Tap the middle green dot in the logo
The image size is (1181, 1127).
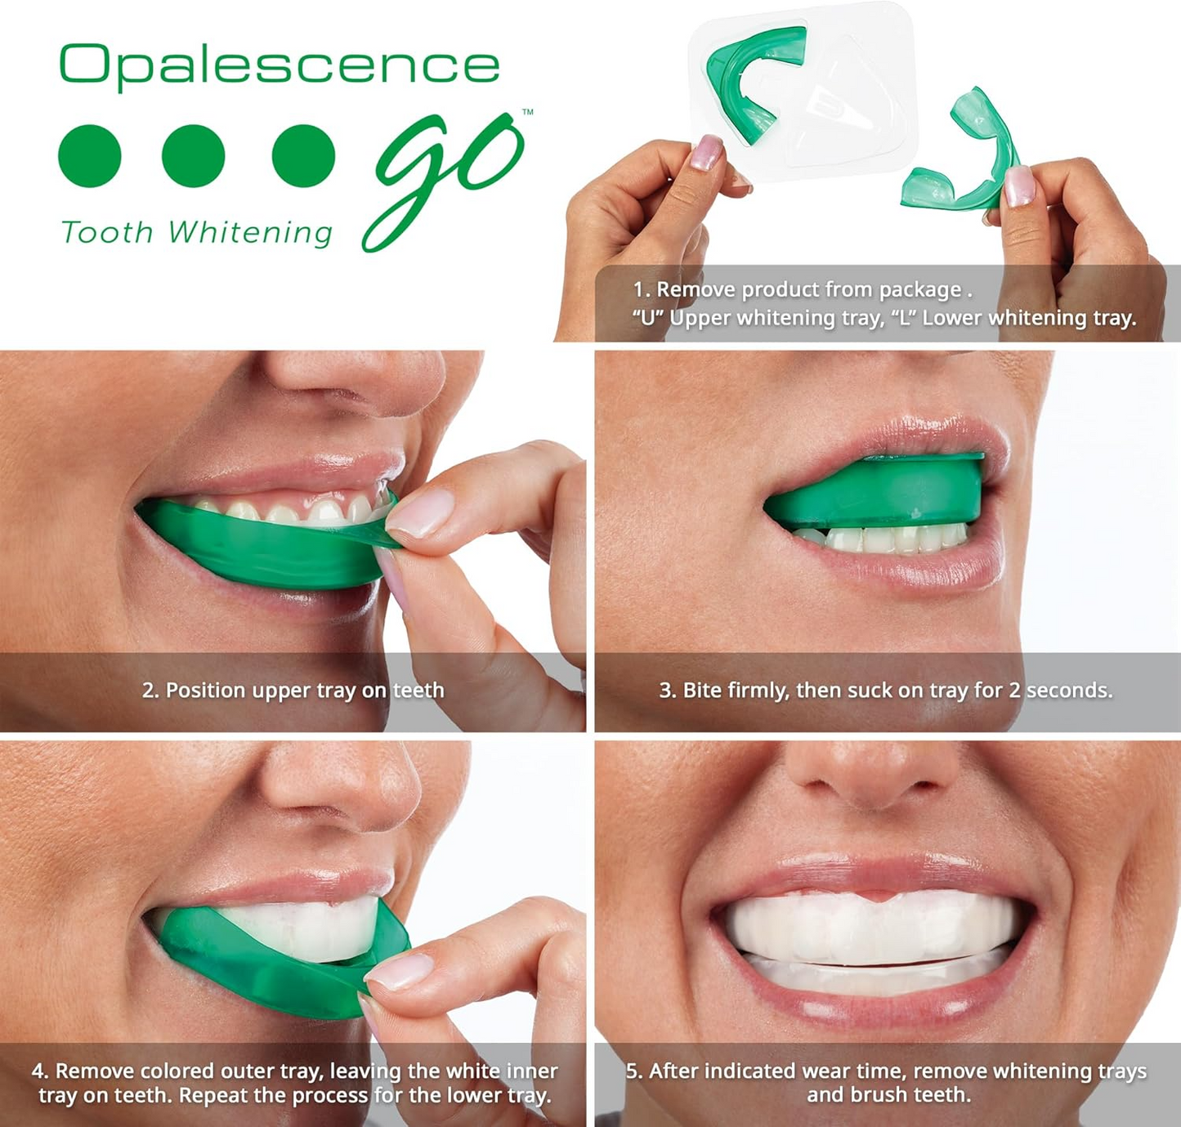point(194,155)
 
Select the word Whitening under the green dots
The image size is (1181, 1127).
point(250,233)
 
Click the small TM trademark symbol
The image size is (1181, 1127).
point(527,112)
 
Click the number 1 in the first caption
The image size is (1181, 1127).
point(639,290)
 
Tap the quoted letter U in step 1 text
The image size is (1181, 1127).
point(647,318)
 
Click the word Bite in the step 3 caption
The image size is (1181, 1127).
point(702,691)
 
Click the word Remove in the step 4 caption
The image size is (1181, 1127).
point(94,1071)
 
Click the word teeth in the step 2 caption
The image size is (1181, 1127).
point(418,691)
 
